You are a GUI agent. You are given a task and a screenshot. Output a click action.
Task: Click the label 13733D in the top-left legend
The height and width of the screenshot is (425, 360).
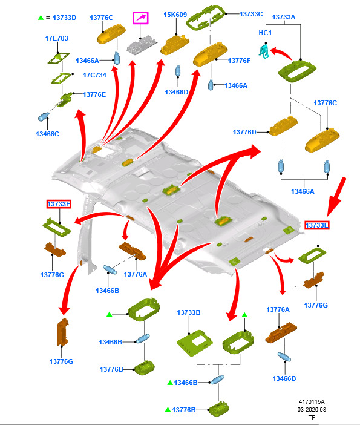(x=65, y=18)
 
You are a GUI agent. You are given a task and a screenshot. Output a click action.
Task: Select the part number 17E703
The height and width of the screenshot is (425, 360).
(x=57, y=38)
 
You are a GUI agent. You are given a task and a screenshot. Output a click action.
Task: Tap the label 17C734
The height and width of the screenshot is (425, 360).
(x=94, y=75)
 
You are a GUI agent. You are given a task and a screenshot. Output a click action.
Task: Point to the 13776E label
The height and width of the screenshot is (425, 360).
(x=94, y=94)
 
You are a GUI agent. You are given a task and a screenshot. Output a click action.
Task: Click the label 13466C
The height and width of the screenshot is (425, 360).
(x=47, y=134)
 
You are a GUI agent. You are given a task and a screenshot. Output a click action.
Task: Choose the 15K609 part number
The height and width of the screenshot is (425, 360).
(x=175, y=15)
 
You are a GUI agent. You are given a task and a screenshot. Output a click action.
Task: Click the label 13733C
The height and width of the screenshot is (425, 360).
(x=251, y=14)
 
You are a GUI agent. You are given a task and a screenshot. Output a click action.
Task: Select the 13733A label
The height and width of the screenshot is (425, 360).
(x=284, y=17)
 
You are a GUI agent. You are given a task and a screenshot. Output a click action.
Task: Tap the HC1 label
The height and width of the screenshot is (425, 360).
(x=265, y=33)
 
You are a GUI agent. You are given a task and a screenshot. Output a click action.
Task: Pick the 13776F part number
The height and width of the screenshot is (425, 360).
(x=240, y=61)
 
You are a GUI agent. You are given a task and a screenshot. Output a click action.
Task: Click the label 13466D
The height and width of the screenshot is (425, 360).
(x=176, y=92)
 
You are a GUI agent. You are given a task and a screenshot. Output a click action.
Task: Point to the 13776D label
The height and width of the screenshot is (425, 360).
(x=244, y=132)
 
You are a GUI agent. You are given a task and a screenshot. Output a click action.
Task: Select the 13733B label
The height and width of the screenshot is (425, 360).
(x=189, y=312)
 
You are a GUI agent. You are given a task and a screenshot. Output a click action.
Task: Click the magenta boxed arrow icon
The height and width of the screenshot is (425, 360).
(x=140, y=18)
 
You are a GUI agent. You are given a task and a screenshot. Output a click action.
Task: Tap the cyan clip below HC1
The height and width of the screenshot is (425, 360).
(x=264, y=51)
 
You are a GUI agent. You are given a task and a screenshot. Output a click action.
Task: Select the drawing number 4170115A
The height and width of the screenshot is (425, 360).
(x=312, y=401)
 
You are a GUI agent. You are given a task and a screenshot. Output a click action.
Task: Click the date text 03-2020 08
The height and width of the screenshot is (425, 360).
(x=312, y=409)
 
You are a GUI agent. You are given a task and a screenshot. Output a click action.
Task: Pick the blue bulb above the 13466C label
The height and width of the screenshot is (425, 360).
(x=44, y=117)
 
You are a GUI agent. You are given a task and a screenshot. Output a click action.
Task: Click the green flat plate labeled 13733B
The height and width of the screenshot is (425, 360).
(x=194, y=342)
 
